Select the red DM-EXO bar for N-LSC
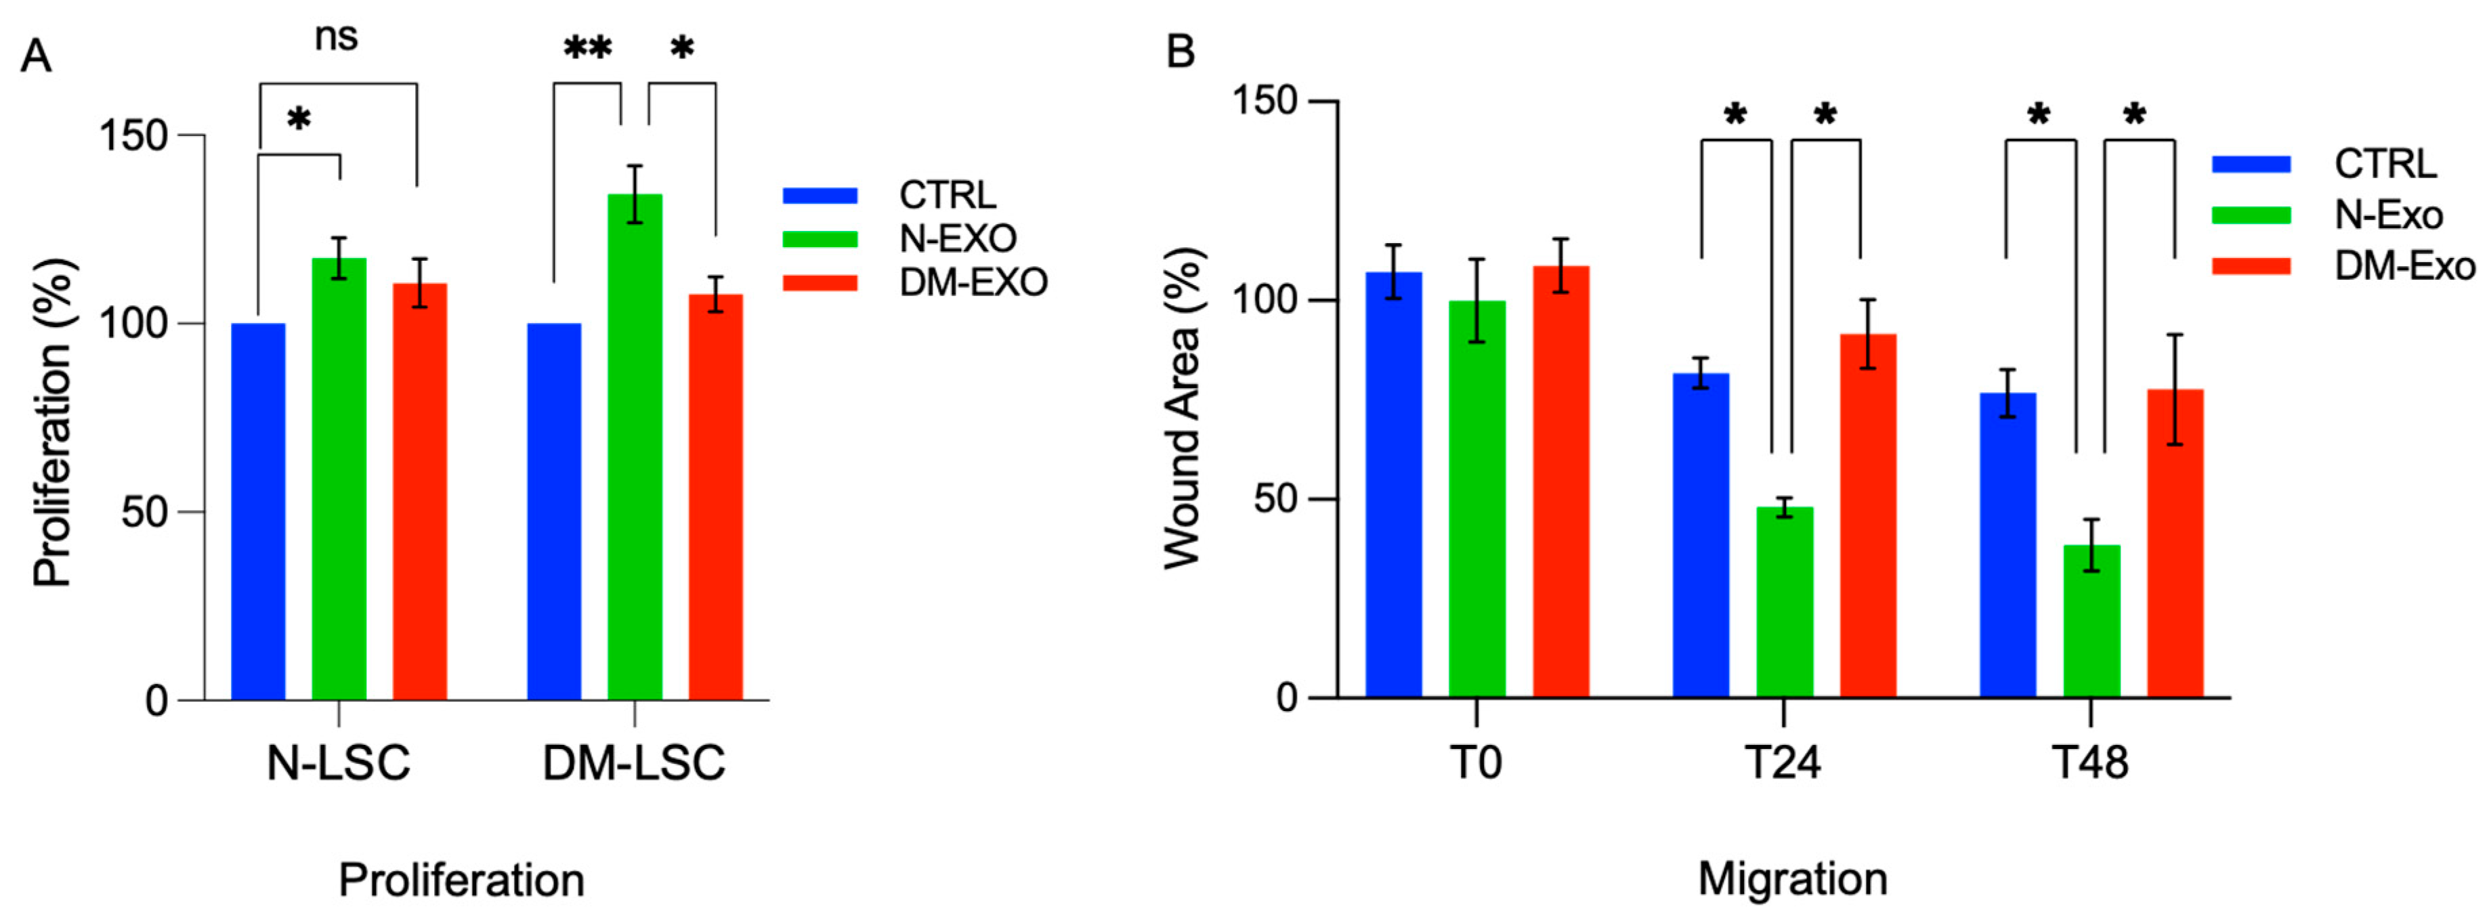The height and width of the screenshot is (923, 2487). pyautogui.click(x=419, y=492)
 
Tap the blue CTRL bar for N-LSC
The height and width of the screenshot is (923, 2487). pyautogui.click(x=258, y=512)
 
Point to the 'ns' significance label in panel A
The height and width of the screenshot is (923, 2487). pyautogui.click(x=336, y=37)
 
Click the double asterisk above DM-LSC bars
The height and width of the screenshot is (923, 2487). pyautogui.click(x=587, y=48)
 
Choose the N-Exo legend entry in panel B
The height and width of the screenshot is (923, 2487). pyautogui.click(x=2387, y=215)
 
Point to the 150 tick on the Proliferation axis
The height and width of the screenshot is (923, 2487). pyautogui.click(x=133, y=136)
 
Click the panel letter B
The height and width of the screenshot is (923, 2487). pyautogui.click(x=1181, y=50)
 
